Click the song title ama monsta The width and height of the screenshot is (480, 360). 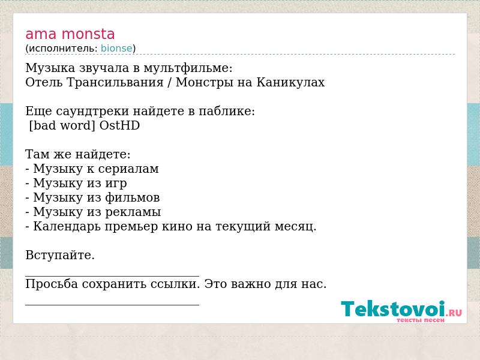click(x=70, y=34)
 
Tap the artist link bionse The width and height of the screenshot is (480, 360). click(x=116, y=48)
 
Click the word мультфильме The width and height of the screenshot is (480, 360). click(x=188, y=68)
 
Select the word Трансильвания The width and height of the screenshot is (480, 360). click(x=115, y=82)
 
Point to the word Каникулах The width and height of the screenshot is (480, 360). click(x=290, y=82)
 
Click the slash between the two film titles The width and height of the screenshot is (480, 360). click(x=170, y=83)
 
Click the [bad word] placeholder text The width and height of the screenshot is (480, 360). click(x=62, y=125)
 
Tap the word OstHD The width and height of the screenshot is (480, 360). click(x=119, y=125)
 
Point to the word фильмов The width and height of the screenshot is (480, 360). click(x=132, y=197)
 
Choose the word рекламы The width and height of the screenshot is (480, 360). click(x=133, y=212)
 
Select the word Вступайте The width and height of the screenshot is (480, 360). click(x=60, y=256)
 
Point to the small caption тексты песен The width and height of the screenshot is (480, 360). click(x=421, y=320)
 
